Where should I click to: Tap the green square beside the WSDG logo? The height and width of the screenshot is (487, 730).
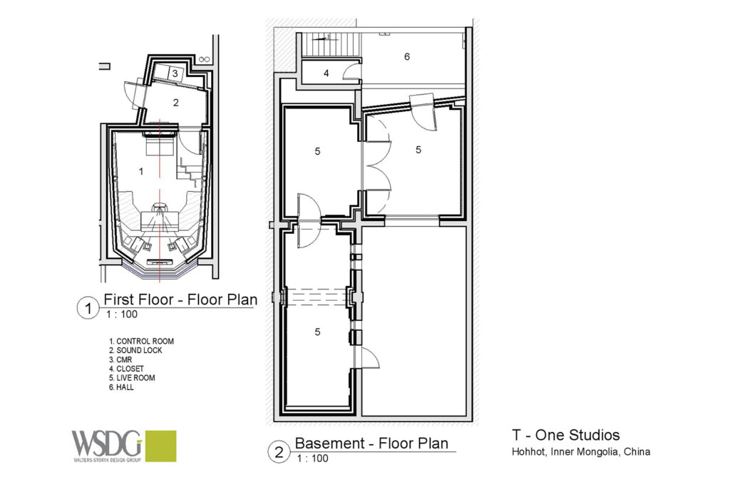tap(160, 446)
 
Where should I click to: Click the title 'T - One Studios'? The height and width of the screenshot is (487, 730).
tap(565, 435)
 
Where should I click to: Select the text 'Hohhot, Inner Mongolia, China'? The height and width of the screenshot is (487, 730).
tap(580, 452)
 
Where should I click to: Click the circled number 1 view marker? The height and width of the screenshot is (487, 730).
tap(86, 308)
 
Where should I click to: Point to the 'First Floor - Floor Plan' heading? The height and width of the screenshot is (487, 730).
tap(180, 299)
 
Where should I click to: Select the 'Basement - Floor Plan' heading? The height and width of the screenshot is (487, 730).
tap(371, 443)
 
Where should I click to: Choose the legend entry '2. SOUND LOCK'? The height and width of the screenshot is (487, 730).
tap(135, 351)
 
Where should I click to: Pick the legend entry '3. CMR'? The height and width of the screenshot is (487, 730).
tap(120, 360)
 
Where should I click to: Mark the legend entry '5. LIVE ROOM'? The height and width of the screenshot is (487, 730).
tap(132, 378)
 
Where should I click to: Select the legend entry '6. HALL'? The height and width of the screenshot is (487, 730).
tap(121, 387)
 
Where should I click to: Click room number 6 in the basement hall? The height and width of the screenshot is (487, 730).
tap(407, 57)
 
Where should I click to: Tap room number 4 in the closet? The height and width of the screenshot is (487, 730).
tap(326, 73)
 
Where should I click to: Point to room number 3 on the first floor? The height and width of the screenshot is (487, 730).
tap(175, 73)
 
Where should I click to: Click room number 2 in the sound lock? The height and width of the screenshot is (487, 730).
tap(175, 103)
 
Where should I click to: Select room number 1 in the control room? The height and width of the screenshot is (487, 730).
tap(140, 171)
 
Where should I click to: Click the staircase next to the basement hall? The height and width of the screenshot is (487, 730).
tap(329, 46)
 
